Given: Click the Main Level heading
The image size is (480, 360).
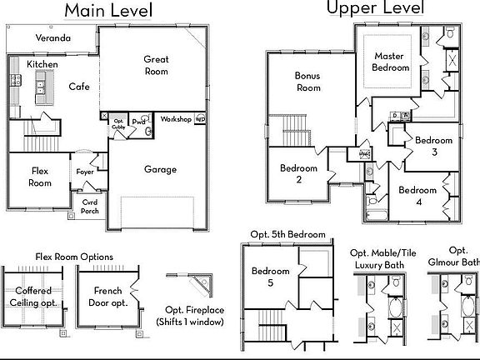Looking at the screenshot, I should (108, 11).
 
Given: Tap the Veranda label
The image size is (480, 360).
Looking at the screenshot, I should (53, 38).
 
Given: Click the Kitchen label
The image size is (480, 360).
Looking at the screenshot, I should (42, 64).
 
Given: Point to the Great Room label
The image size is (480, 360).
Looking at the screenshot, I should (157, 65).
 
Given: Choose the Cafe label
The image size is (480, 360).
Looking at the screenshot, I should (79, 86).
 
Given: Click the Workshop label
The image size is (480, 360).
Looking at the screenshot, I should (176, 119).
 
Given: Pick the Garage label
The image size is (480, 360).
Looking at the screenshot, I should (160, 169).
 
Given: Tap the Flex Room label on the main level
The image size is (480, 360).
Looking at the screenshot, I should (41, 177).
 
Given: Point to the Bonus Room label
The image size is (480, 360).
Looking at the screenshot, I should (307, 81).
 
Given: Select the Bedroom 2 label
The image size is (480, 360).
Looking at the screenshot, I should (298, 173).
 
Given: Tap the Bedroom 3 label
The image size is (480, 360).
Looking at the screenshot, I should (433, 146).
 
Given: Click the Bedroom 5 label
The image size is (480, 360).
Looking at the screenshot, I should (271, 277).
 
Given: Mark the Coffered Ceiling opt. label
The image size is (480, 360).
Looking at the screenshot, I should (33, 296).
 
